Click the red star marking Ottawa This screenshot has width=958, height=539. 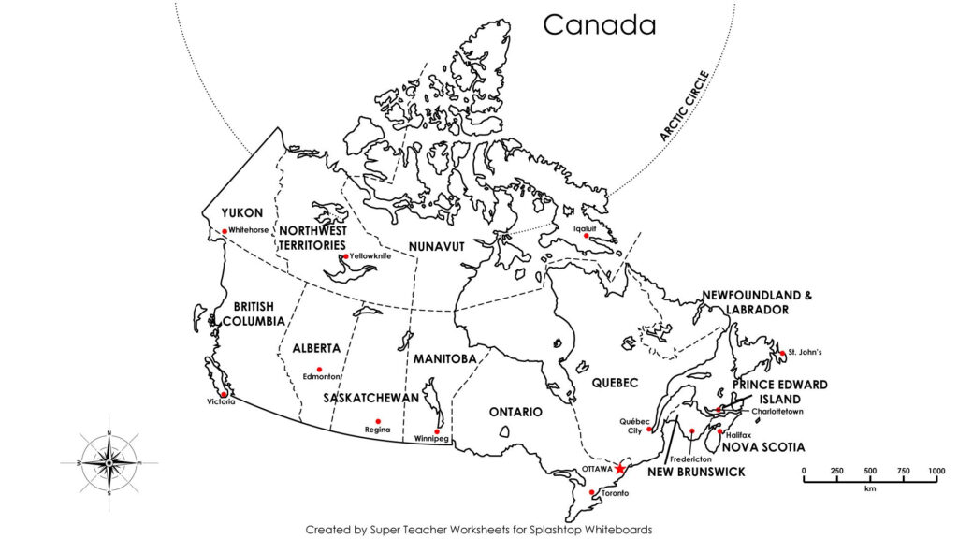tap(619, 468)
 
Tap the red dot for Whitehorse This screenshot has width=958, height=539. tap(225, 231)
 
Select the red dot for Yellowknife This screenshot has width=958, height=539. tap(345, 256)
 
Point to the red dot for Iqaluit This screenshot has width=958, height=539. tap(587, 236)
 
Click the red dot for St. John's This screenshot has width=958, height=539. tap(782, 354)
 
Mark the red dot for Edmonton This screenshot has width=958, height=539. tap(319, 370)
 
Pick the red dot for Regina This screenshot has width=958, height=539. tap(378, 421)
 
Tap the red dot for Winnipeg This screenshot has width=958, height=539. tap(437, 431)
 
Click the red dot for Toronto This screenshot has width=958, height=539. tap(591, 492)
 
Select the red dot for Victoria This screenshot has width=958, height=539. tap(223, 394)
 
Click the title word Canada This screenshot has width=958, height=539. tap(600, 25)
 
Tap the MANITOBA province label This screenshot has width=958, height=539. tap(445, 358)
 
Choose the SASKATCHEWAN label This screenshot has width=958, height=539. tap(371, 398)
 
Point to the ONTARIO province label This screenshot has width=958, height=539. tap(515, 412)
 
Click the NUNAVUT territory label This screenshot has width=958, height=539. tap(436, 246)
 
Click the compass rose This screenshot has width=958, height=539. tap(109, 461)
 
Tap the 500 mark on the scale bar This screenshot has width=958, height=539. tap(870, 470)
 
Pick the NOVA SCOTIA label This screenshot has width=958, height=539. tap(762, 447)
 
